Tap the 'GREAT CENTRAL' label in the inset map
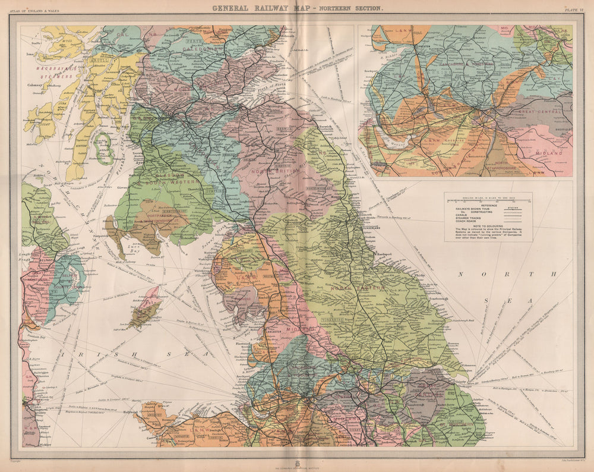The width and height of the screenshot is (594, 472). coord(543,111)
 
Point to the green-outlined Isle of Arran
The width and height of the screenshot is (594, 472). coord(105,149)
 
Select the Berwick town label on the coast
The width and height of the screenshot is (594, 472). coord(324,127)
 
